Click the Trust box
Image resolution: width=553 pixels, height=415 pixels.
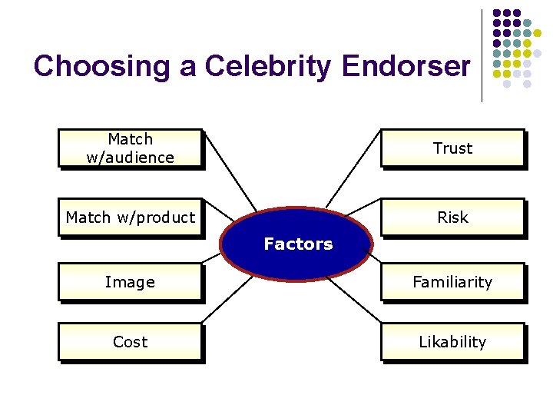coord(452,148)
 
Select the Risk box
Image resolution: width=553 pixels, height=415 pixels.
coord(452,217)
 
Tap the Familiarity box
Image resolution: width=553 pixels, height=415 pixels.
coord(452,282)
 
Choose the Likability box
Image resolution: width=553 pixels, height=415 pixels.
coord(452,342)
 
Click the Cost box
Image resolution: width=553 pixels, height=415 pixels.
coord(130,342)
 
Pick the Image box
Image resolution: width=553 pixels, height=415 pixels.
coord(130,282)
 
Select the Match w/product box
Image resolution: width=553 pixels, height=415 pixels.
coord(130,217)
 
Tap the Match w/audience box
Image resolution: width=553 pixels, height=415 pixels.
coord(130,148)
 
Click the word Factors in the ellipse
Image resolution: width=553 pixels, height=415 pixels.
coord(298,244)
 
